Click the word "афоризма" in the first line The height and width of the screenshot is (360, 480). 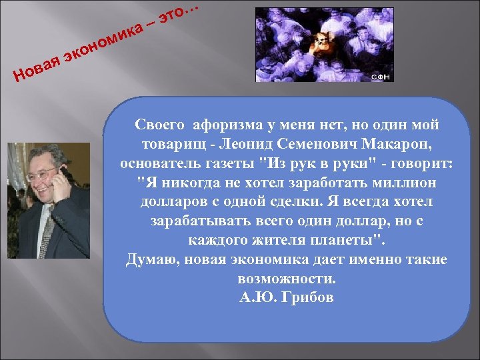[x=219, y=125]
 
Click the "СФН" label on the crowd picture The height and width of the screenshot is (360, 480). [x=381, y=77]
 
